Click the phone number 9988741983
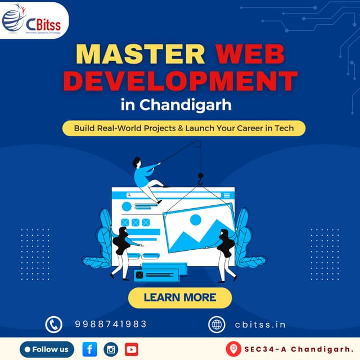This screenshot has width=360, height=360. pyautogui.click(x=111, y=324)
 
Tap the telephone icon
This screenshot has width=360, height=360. pyautogui.click(x=53, y=324)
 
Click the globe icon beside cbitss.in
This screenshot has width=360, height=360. pyautogui.click(x=217, y=324)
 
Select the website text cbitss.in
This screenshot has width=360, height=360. pyautogui.click(x=260, y=324)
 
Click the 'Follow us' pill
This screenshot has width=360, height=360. pyautogui.click(x=47, y=349)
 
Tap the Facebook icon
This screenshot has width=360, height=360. pyautogui.click(x=89, y=349)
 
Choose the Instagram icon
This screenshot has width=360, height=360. pyautogui.click(x=111, y=349)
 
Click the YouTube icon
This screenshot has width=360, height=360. pyautogui.click(x=132, y=349)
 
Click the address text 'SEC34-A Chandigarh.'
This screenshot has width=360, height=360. pyautogui.click(x=298, y=350)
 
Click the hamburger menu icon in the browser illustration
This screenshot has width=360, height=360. pyautogui.click(x=227, y=195)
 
